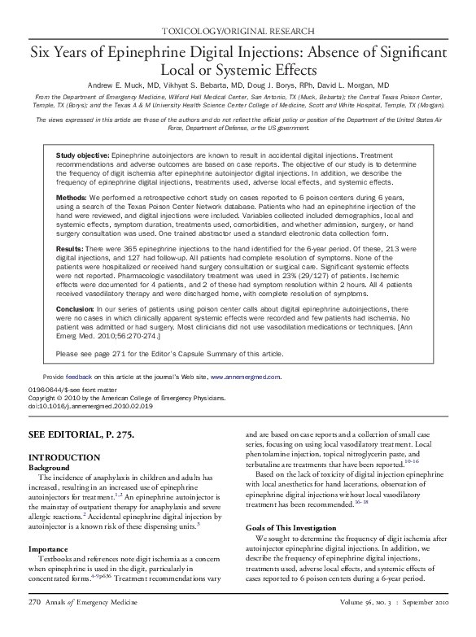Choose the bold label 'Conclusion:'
click(78, 311)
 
